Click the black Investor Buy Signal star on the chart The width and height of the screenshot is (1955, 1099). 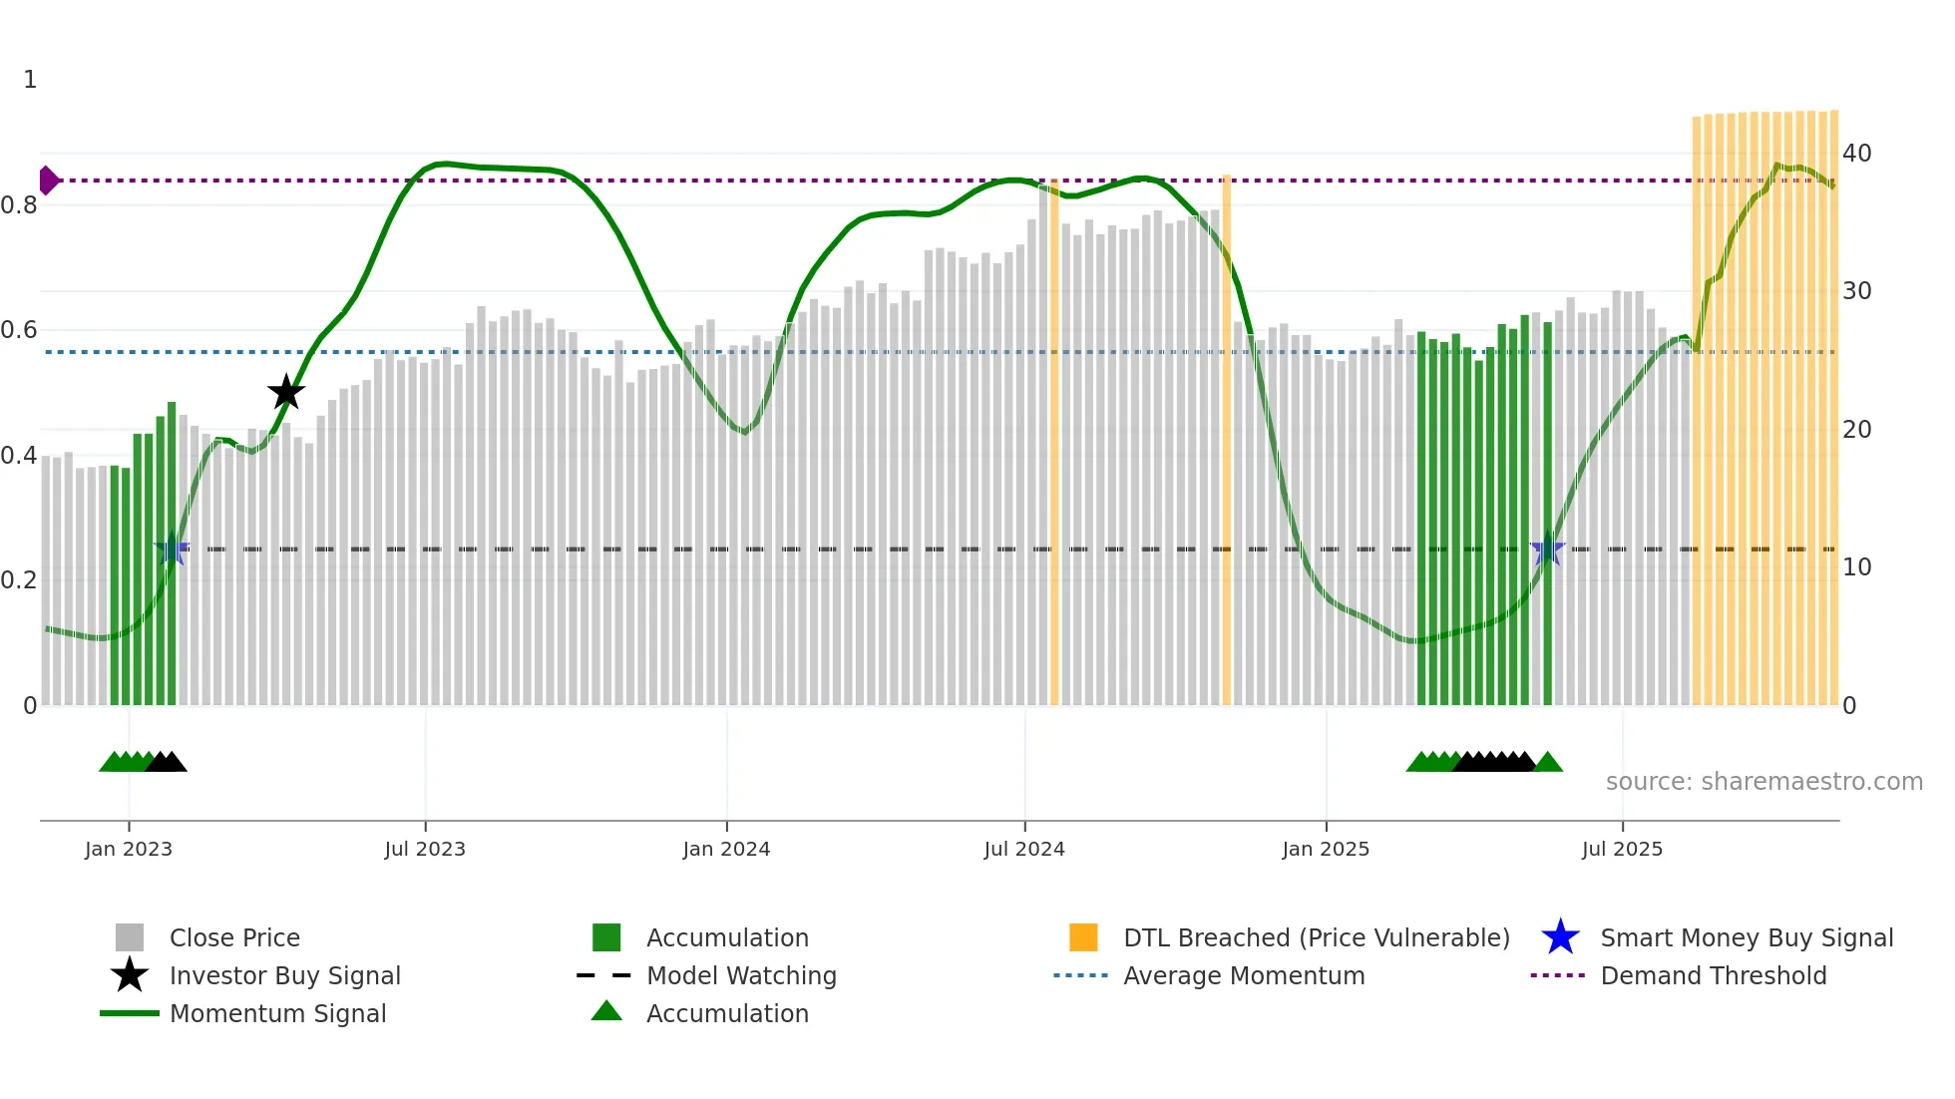coord(286,392)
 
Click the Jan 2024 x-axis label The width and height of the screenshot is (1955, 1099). coord(726,849)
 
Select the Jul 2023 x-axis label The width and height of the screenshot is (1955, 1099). coord(425,849)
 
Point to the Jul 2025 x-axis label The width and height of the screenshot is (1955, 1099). coord(1622,849)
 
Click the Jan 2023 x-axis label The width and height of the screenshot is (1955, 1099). coord(129,849)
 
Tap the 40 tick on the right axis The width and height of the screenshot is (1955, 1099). coord(1856,154)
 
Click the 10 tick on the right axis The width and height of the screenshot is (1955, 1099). coord(1856,567)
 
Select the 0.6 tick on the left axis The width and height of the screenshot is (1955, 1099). coord(19,330)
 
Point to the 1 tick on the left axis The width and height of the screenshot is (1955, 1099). coord(30,80)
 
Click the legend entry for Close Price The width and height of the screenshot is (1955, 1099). coord(234,937)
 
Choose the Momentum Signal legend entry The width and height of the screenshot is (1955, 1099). coord(277,1013)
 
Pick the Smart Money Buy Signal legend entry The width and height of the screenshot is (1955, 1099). coord(1747,937)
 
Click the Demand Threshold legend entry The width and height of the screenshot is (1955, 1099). coord(1713,975)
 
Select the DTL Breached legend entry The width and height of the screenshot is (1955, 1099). coord(1316,937)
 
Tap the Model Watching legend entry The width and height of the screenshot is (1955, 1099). coord(741,975)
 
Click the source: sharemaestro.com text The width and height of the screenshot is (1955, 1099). coord(1763,782)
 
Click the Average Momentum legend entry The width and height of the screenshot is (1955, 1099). coord(1244,975)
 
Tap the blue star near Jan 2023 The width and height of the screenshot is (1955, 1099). coord(172,549)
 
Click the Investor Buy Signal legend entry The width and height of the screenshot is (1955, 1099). coord(284,975)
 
